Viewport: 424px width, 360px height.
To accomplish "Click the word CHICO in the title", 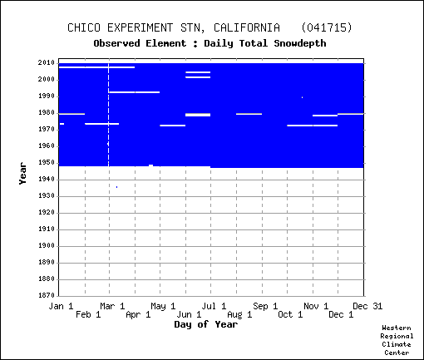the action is tap(84, 27).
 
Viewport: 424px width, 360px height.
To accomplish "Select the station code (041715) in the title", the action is tap(327, 27).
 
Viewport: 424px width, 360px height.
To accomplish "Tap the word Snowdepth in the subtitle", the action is tap(300, 43).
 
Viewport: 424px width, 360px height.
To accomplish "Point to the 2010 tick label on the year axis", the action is tap(47, 63).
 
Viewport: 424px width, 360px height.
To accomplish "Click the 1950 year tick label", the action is tap(47, 163).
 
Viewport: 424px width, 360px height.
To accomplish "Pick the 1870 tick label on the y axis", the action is tap(47, 295).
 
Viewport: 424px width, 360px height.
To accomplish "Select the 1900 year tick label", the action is tap(47, 246).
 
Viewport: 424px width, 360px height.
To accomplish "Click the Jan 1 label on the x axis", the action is tap(61, 306).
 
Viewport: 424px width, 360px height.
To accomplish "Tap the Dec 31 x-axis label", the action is tap(367, 306).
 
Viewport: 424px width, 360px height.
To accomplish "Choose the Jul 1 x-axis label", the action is tap(214, 306).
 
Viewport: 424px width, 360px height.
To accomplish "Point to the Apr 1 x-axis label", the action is tap(138, 314).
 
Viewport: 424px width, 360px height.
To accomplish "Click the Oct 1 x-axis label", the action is tap(290, 314).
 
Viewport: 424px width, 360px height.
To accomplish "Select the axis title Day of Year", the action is tap(206, 324).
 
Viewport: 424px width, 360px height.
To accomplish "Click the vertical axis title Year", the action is tap(22, 174).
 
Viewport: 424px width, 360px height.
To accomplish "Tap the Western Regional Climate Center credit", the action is tap(397, 340).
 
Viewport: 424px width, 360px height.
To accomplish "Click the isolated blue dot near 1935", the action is tap(116, 187).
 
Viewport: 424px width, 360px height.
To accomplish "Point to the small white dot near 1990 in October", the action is tap(302, 97).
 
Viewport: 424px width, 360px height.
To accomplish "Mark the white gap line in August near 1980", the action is tap(249, 114).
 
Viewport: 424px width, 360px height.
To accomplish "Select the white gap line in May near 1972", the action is tap(173, 126).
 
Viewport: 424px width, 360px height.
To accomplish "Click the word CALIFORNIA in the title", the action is tap(247, 27).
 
